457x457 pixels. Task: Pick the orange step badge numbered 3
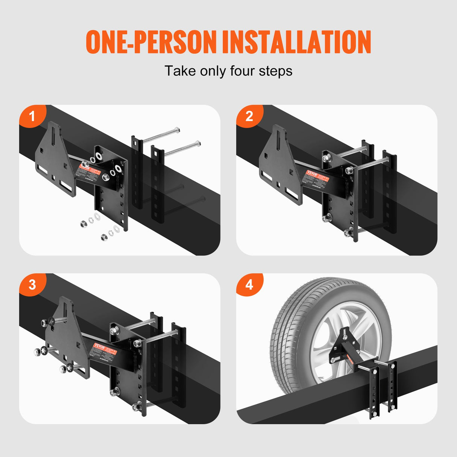(x=32, y=284)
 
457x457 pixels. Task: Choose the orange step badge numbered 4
(x=249, y=284)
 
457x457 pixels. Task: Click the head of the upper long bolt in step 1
(x=176, y=131)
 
